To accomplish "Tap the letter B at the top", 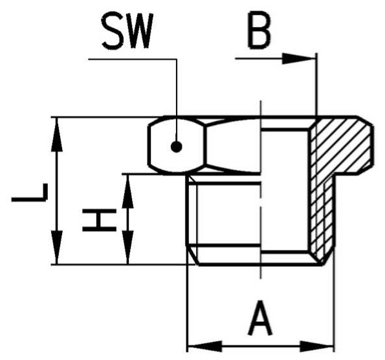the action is [x=259, y=30].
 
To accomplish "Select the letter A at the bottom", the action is [x=260, y=318].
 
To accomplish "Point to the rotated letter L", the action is [x=30, y=192].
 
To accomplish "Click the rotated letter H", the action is [x=99, y=220].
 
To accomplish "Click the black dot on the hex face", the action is [x=176, y=147].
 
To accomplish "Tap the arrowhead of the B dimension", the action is [x=298, y=58].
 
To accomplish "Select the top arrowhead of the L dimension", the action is [x=57, y=135].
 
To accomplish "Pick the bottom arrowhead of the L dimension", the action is [x=57, y=247].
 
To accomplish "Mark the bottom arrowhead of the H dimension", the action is [x=127, y=247].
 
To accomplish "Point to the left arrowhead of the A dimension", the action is [x=204, y=346].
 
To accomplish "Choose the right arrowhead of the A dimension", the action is [x=317, y=346].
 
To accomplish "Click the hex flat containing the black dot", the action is [x=176, y=146].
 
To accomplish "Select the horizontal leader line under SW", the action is [x=133, y=59].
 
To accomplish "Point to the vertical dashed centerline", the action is [x=261, y=190].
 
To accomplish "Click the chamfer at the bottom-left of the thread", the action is [x=193, y=255].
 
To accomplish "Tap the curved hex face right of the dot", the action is [x=233, y=146].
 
